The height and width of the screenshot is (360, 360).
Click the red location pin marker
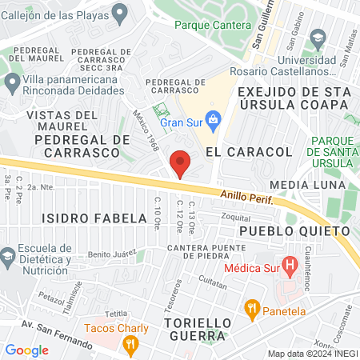181,163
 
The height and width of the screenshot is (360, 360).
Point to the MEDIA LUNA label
300,185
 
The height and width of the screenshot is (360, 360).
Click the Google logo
26,350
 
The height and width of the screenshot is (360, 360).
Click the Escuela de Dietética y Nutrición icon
8,256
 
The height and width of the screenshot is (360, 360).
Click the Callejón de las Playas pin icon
120,12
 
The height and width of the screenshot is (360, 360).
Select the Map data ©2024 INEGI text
312,353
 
